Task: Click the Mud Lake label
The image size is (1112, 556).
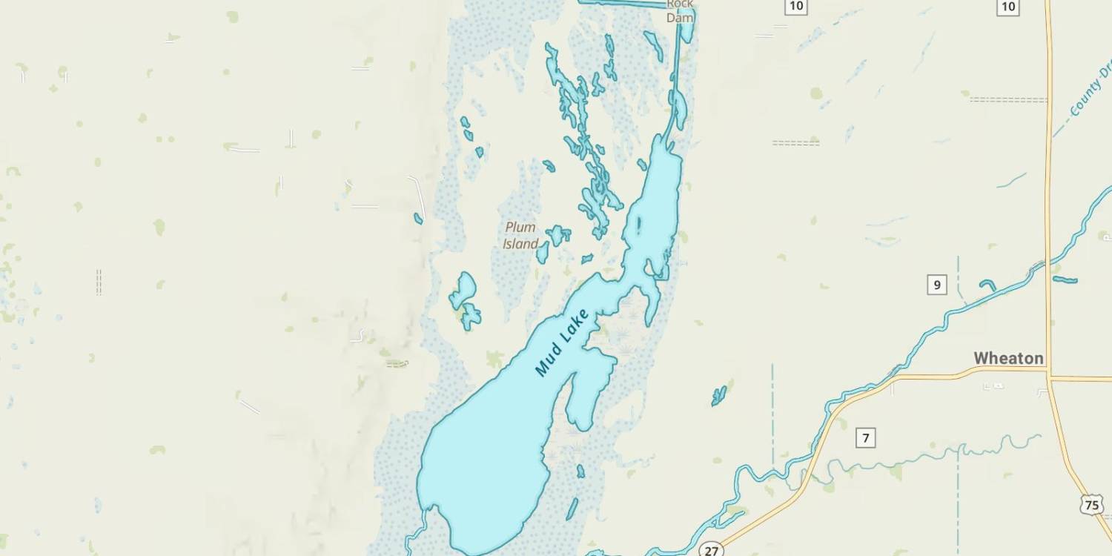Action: click(x=561, y=342)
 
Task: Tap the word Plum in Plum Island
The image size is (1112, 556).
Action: click(x=520, y=227)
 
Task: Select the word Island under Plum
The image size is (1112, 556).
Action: click(x=520, y=244)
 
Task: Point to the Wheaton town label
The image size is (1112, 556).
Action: click(x=1008, y=359)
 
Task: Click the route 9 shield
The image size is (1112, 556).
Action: click(x=937, y=284)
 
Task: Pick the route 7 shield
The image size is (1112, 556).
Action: click(x=865, y=437)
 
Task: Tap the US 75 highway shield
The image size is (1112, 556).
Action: click(x=1092, y=505)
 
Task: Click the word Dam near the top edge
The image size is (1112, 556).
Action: click(x=679, y=17)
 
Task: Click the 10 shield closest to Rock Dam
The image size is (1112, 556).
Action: click(x=796, y=7)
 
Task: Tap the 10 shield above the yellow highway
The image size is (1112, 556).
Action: click(x=1008, y=7)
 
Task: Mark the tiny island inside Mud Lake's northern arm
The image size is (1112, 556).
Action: click(x=638, y=223)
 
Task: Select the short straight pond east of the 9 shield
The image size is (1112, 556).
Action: click(x=1065, y=279)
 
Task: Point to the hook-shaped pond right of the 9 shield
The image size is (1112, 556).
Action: click(x=988, y=285)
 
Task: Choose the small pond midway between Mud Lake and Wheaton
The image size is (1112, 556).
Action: click(x=718, y=396)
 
